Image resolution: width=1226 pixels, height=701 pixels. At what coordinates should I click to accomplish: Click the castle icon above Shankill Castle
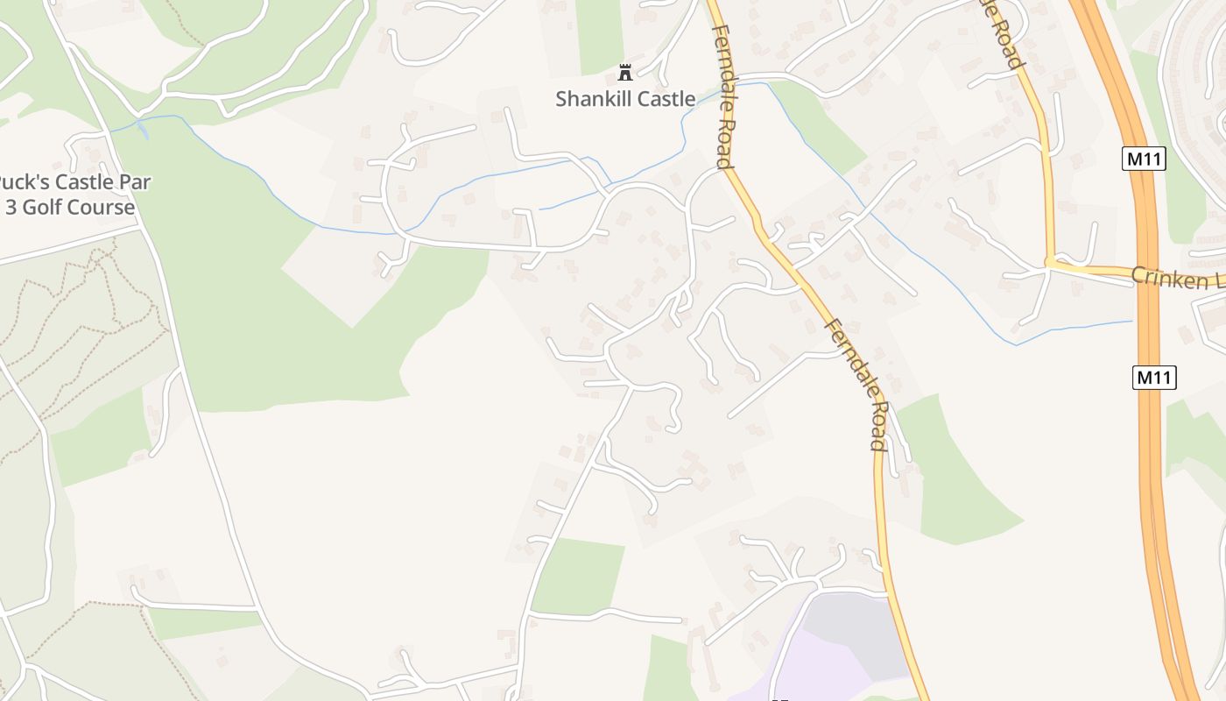coord(625,72)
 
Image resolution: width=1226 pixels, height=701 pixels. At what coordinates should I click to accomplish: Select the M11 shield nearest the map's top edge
coord(1144,159)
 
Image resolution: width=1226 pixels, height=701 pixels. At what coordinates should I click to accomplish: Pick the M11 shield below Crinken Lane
coord(1154,378)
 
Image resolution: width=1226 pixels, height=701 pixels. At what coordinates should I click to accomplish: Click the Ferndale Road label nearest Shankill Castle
coord(722,96)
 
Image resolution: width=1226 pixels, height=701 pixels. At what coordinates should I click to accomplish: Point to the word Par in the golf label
coord(135,183)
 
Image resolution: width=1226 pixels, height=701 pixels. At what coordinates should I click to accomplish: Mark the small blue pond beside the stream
coord(143,131)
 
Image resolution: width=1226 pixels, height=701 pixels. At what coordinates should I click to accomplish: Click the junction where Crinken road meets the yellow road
coord(1049,263)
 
